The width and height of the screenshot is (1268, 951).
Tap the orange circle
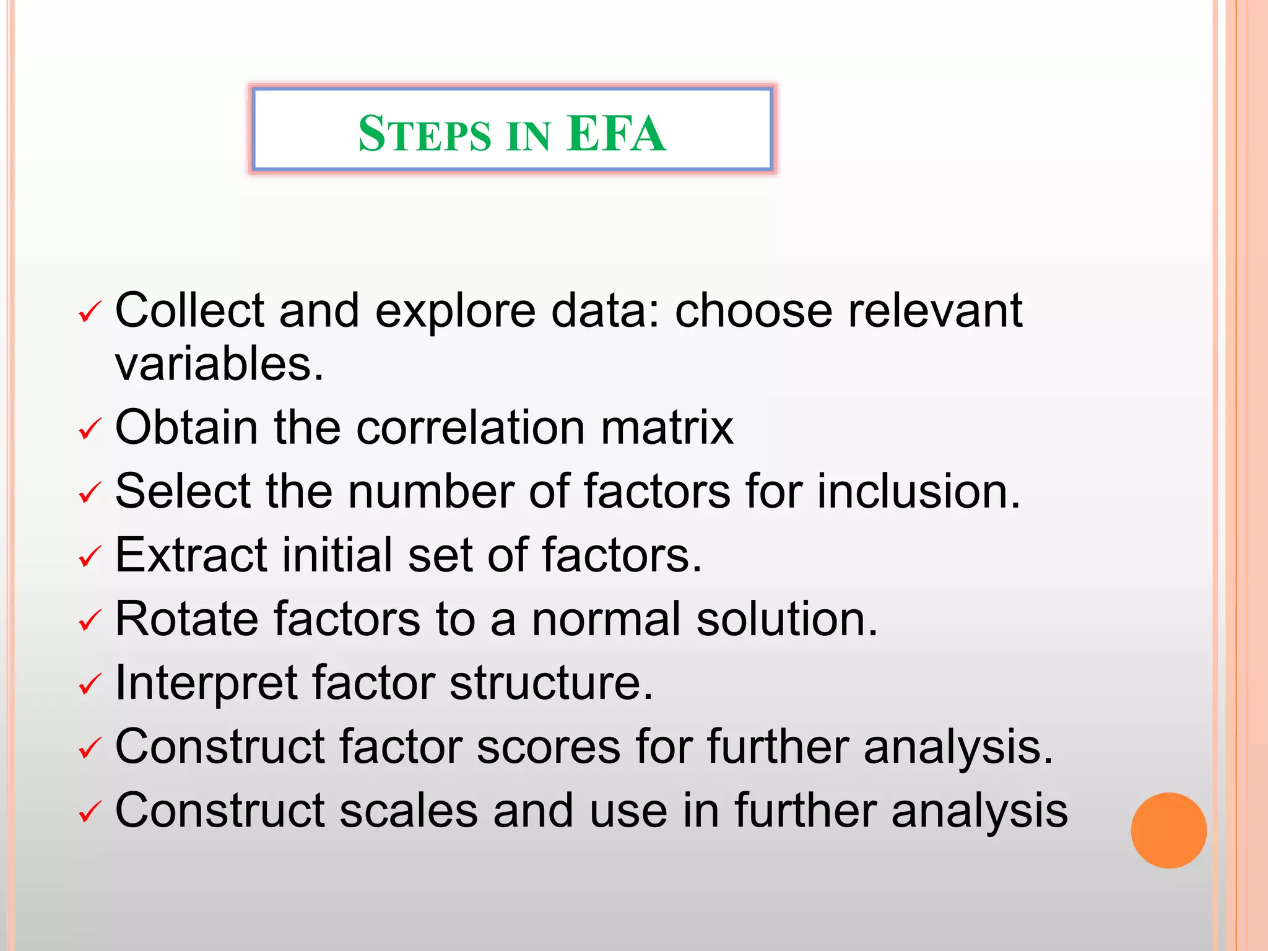tap(1168, 830)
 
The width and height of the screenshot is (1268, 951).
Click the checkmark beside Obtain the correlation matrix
tap(90, 429)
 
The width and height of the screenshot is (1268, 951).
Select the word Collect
tap(189, 310)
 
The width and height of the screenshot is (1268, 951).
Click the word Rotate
tap(186, 619)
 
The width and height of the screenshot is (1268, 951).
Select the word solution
tap(786, 619)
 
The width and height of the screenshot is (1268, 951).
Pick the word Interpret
tap(206, 684)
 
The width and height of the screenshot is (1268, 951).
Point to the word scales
tap(409, 810)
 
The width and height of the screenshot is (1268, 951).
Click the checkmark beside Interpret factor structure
tap(90, 684)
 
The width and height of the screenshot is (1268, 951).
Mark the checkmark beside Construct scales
tap(90, 812)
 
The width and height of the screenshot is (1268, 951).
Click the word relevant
tap(935, 310)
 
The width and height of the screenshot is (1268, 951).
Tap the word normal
tap(606, 619)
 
